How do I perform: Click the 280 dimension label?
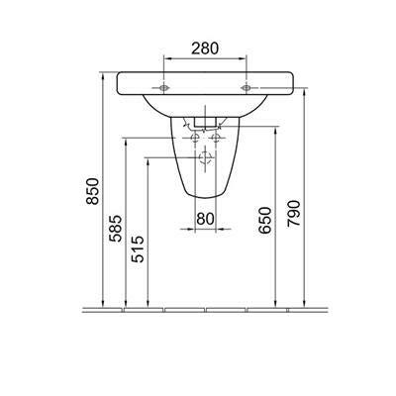205,49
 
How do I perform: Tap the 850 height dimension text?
92,191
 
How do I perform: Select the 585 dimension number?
116,229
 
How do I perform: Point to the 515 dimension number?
138,249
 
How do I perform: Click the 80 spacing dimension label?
205,219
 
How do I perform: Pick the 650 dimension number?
265,221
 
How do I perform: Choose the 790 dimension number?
294,213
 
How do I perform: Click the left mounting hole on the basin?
163,88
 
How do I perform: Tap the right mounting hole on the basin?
246,88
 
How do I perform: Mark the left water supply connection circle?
195,138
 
